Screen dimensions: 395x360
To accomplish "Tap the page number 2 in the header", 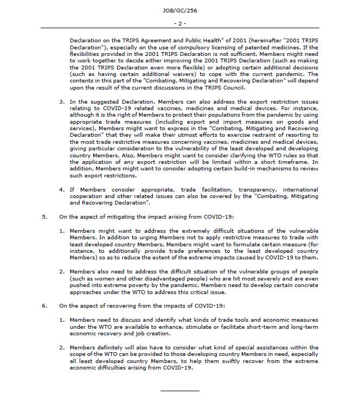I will click(181, 23).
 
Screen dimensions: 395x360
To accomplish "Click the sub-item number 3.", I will click(62, 101).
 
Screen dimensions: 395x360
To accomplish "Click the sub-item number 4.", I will click(62, 189).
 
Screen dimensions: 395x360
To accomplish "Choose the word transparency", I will click(252, 189).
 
